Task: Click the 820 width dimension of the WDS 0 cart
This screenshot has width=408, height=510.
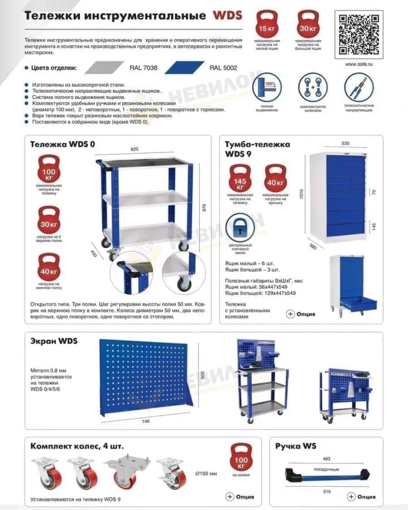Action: [134, 150]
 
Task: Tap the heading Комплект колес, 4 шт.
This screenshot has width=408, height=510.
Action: [77, 446]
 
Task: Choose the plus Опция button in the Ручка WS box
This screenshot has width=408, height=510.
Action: [363, 496]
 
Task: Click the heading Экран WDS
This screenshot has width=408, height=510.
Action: [54, 341]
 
